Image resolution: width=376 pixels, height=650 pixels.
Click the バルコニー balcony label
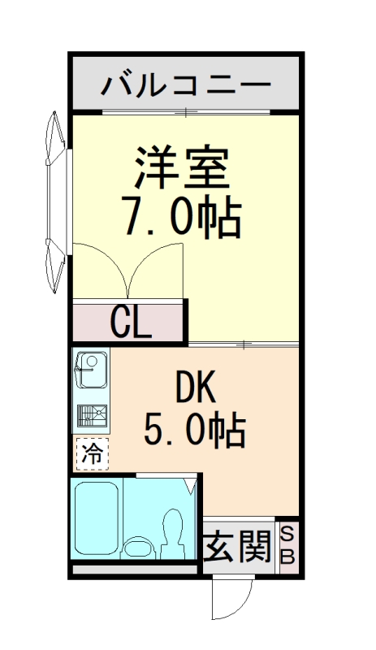[x=186, y=84]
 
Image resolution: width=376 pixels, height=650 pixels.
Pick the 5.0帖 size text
[x=194, y=430]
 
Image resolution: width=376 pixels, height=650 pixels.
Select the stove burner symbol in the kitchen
[x=93, y=415]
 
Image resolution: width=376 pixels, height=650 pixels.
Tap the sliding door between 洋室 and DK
[x=244, y=345]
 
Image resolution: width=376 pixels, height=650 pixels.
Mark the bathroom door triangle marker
[x=190, y=486]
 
